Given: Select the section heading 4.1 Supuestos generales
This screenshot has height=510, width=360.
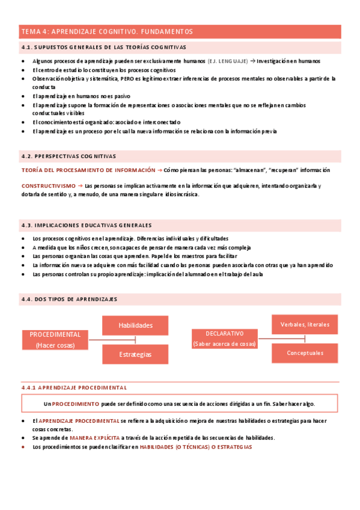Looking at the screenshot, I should pyautogui.click(x=103, y=47).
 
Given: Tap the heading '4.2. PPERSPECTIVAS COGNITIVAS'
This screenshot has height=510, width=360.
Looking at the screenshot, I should pyautogui.click(x=69, y=156).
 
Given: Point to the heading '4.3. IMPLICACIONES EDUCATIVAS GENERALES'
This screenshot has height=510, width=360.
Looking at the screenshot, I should pyautogui.click(x=87, y=225).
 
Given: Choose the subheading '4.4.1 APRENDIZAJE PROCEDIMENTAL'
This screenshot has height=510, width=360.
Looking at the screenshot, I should pyautogui.click(x=74, y=388).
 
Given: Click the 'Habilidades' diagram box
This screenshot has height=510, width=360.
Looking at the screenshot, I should pyautogui.click(x=135, y=325).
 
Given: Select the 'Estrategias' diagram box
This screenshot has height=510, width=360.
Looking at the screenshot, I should pyautogui.click(x=135, y=354).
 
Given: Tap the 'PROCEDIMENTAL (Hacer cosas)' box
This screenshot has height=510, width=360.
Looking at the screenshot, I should pyautogui.click(x=55, y=340).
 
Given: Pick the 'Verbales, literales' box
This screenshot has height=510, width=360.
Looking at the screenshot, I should pyautogui.click(x=305, y=324).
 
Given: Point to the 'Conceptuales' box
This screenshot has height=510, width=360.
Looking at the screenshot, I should pyautogui.click(x=305, y=353).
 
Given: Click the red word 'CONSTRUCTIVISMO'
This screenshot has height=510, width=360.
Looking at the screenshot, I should pyautogui.click(x=45, y=186).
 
